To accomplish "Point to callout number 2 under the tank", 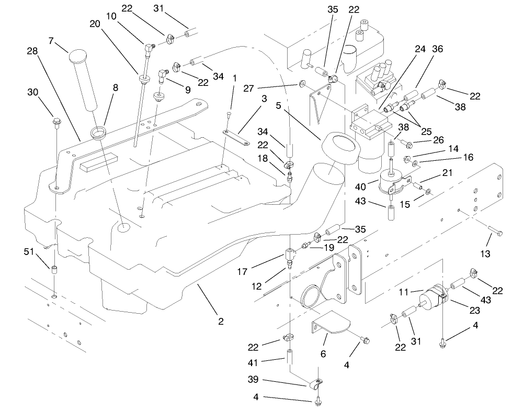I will coord(221,321).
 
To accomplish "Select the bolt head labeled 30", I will coord(56,123).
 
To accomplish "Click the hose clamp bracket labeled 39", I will coord(317,387).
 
